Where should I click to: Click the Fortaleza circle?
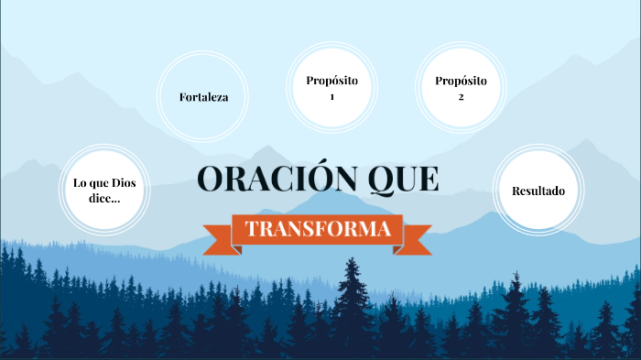point(203,97)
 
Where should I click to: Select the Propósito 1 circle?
point(331,88)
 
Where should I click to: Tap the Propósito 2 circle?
point(461,88)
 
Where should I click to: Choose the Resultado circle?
point(538,191)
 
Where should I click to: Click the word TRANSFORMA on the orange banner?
point(319,229)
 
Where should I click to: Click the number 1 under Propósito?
point(331,96)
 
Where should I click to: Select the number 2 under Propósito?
point(461,96)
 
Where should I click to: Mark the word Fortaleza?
point(203,97)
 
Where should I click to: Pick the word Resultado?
point(538,191)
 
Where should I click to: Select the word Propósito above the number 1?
point(331,81)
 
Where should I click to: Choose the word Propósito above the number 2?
point(461,81)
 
